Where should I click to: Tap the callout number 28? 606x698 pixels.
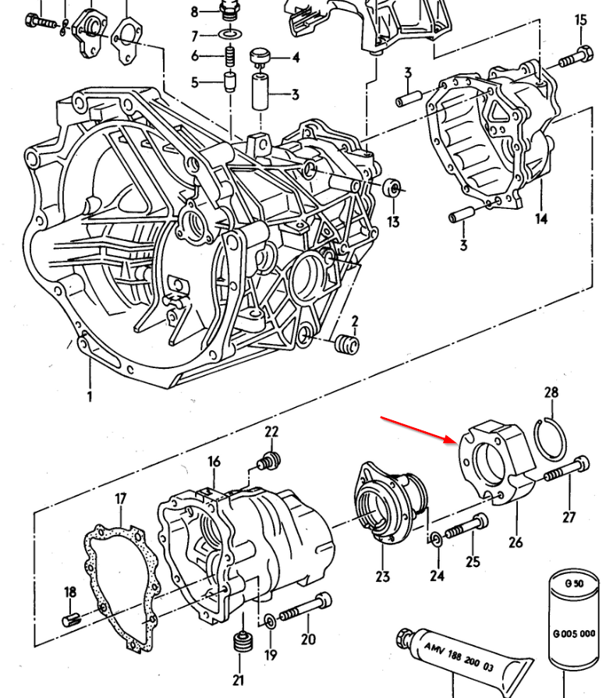(551, 392)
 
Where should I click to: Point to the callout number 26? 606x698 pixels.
(515, 542)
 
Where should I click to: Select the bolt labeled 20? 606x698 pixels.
(304, 608)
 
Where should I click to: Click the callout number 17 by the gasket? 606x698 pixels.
(121, 499)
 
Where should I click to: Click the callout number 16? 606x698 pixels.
(214, 462)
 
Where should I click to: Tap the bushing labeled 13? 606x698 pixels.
(395, 188)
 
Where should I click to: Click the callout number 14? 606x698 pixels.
(540, 218)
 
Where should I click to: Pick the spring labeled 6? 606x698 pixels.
(230, 55)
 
